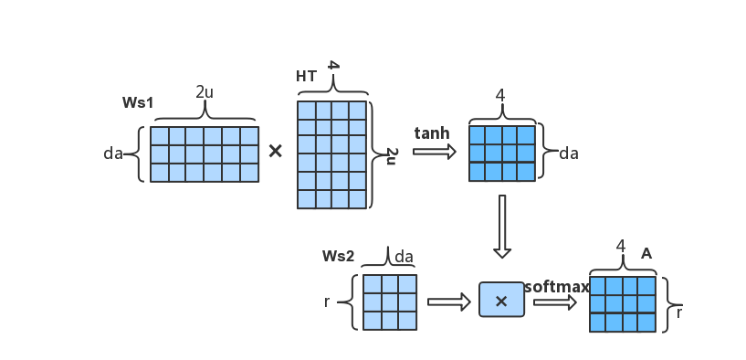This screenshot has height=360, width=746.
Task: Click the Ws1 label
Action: click(138, 102)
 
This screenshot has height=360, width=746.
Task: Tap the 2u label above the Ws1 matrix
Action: click(205, 92)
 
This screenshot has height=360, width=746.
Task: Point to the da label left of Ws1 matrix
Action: click(113, 154)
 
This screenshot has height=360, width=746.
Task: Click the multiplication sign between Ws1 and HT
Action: click(276, 151)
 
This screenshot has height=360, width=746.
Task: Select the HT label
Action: click(307, 77)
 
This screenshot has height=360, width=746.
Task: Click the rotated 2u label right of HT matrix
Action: click(391, 155)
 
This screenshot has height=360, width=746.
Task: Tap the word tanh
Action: click(432, 133)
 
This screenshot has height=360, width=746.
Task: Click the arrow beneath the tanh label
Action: click(434, 152)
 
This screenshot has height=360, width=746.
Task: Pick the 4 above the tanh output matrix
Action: click(500, 95)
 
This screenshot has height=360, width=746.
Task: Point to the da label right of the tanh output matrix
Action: click(568, 154)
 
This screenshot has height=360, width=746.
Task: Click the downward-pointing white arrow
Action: click(501, 226)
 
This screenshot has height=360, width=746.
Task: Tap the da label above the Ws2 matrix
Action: click(404, 257)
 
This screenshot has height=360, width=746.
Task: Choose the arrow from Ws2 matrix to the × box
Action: click(448, 302)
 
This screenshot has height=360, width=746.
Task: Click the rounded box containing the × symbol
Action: click(501, 301)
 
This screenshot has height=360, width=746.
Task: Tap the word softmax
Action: click(556, 287)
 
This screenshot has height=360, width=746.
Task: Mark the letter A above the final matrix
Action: click(646, 253)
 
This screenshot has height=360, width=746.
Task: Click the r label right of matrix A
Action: click(679, 312)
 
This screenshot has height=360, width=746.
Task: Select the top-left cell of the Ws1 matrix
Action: click(159, 136)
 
